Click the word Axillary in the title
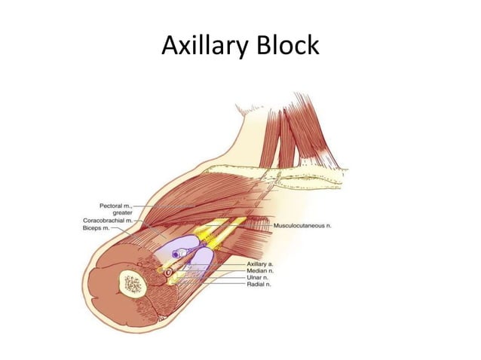[201, 46]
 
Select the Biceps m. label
[98, 227]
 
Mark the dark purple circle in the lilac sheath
[176, 255]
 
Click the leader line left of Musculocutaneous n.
[260, 224]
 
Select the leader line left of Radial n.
[226, 283]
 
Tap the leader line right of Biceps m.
[123, 227]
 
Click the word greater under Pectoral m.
[122, 212]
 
